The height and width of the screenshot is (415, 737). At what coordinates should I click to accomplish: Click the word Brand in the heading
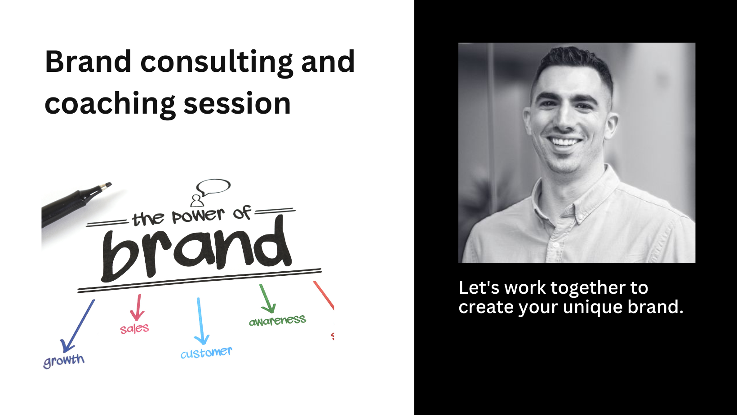[88, 62]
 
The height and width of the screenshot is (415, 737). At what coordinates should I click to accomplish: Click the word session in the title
[237, 103]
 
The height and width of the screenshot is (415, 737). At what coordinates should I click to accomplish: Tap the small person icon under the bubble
[197, 200]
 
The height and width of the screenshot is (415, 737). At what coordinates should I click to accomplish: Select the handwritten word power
[198, 216]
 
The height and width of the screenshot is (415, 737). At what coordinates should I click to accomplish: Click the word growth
[64, 360]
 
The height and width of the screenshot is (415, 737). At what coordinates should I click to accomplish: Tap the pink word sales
[134, 329]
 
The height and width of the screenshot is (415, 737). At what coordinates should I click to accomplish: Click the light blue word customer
[206, 353]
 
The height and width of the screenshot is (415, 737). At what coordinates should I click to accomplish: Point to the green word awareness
[277, 321]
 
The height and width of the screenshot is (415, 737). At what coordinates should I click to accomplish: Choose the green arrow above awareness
[266, 298]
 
